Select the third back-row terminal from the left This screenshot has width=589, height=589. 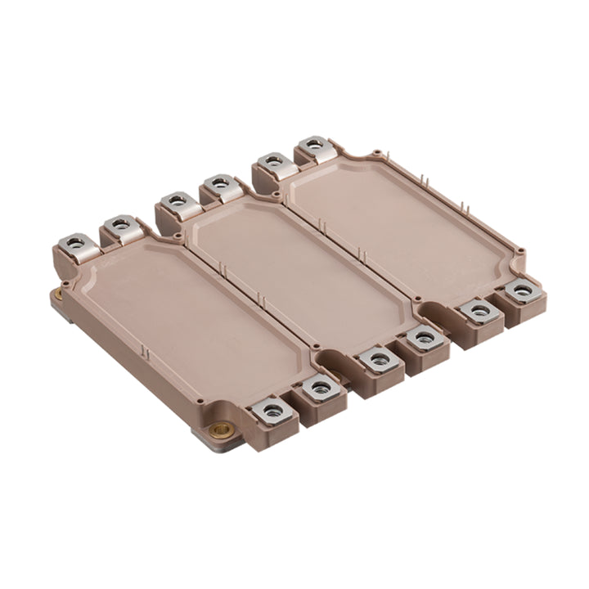[174, 200]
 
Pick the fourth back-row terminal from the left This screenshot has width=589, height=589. [218, 182]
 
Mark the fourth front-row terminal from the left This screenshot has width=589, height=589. [421, 338]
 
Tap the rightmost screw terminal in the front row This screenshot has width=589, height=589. [518, 290]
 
